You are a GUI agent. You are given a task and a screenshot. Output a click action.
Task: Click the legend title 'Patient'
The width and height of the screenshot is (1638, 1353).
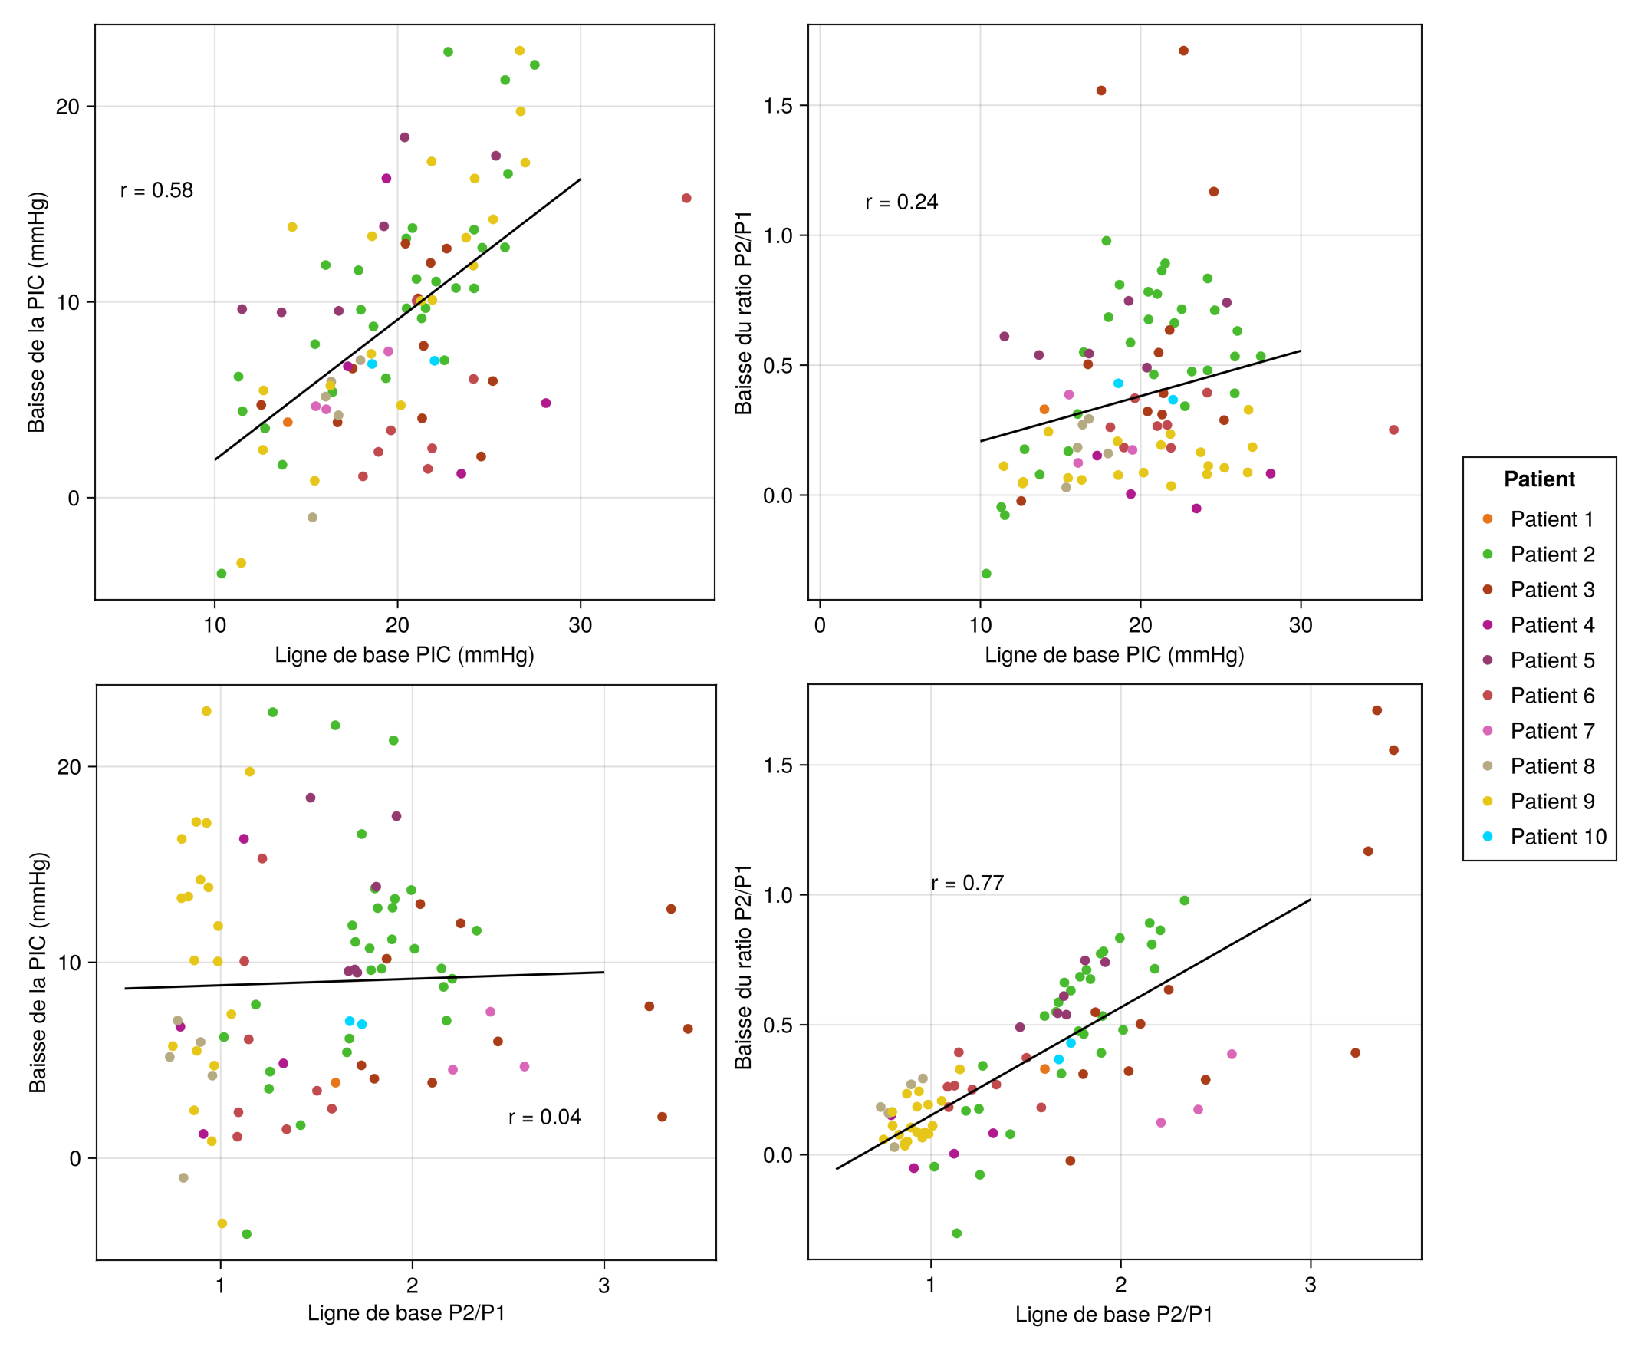pyautogui.click(x=1538, y=479)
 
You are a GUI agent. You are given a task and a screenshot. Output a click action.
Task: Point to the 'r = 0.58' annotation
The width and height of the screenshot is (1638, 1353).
pyautogui.click(x=156, y=190)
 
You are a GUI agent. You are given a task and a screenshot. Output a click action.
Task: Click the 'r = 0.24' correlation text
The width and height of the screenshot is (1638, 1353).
pyautogui.click(x=901, y=202)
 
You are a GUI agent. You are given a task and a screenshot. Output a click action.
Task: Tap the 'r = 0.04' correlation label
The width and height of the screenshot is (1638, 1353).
pyautogui.click(x=544, y=1117)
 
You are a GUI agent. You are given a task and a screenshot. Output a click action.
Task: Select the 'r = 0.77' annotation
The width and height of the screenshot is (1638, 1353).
pyautogui.click(x=966, y=883)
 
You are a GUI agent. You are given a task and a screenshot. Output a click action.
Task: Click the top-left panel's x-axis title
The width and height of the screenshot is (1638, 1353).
pyautogui.click(x=403, y=655)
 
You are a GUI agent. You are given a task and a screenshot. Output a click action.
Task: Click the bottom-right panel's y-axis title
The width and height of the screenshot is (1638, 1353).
pyautogui.click(x=743, y=966)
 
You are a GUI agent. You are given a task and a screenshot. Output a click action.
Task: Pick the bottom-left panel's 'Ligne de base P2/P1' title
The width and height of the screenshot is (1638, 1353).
pyautogui.click(x=406, y=1313)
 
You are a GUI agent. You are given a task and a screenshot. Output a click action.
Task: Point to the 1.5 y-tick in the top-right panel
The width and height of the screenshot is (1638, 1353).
pyautogui.click(x=777, y=105)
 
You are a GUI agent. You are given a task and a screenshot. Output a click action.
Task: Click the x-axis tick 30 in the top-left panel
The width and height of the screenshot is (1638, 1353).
pyautogui.click(x=580, y=625)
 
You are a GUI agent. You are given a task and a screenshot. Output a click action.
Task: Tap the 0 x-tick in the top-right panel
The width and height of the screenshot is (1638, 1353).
pyautogui.click(x=819, y=625)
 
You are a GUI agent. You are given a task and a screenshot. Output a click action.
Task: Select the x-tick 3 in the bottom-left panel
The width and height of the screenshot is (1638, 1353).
pyautogui.click(x=604, y=1286)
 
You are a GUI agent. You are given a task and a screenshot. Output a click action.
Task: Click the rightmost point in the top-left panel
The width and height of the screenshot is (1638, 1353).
pyautogui.click(x=686, y=198)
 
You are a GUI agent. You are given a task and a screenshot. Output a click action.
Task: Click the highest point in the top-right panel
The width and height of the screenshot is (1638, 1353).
pyautogui.click(x=1183, y=51)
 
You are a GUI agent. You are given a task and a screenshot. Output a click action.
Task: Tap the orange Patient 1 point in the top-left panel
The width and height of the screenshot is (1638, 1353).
pyautogui.click(x=288, y=423)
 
